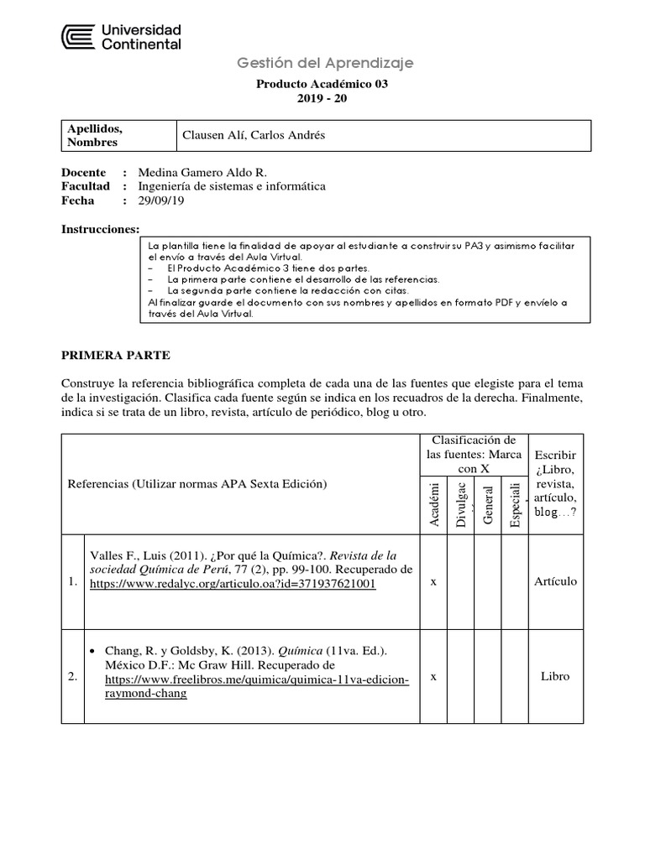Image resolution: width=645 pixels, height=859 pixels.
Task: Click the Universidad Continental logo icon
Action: (78, 37)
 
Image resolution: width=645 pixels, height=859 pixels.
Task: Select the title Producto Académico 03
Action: (322, 84)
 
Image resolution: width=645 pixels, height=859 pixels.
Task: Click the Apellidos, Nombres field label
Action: (95, 135)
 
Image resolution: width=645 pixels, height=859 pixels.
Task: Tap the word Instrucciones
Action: (100, 229)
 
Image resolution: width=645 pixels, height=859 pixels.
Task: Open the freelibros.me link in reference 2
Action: (249, 680)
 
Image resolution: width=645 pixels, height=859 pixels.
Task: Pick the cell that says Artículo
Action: (555, 582)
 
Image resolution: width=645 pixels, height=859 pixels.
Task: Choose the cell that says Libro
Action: (555, 676)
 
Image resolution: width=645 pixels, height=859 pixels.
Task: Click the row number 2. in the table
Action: (73, 677)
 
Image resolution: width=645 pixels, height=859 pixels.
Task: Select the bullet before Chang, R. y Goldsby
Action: (93, 651)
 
